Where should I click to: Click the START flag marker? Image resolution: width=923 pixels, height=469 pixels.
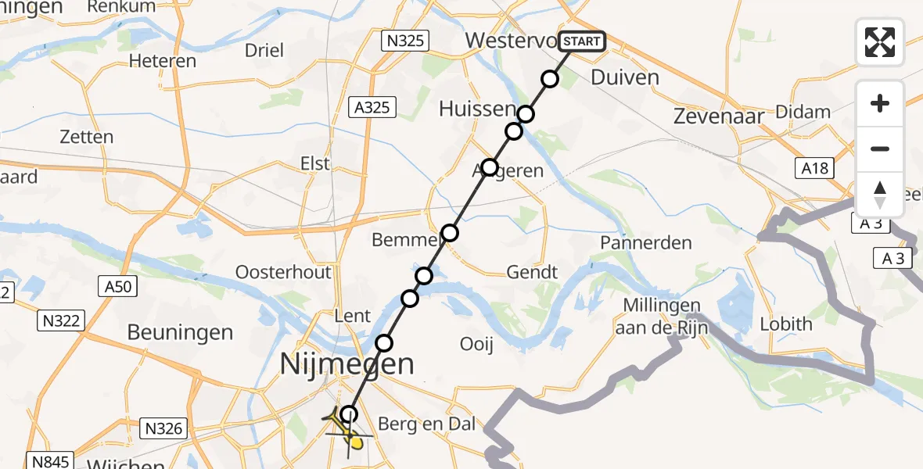[x=582, y=41]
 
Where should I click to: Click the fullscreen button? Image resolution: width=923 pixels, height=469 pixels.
[x=880, y=42]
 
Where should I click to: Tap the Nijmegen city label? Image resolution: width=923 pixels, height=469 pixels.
[x=347, y=364]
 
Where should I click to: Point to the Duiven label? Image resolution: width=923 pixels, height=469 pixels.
[x=625, y=77]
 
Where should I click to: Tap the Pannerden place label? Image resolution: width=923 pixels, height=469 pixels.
[x=645, y=243]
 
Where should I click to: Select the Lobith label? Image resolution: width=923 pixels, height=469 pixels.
[x=786, y=324]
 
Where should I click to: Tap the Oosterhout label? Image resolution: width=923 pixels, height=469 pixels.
[x=284, y=272]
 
